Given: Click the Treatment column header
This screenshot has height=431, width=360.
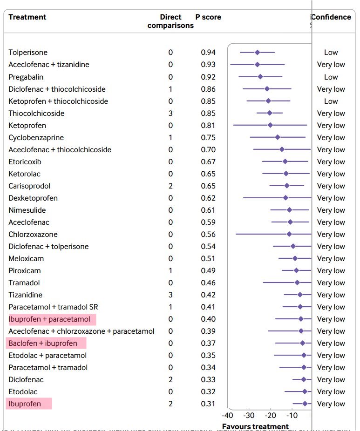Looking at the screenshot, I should [27, 17].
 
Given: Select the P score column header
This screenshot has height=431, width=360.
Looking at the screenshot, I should [208, 17].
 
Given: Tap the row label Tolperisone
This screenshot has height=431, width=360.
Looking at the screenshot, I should [28, 53].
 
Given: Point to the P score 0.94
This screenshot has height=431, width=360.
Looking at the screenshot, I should [208, 53].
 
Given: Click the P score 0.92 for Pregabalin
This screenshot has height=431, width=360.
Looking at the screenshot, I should [208, 77].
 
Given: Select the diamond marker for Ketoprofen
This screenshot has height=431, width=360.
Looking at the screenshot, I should [270, 125].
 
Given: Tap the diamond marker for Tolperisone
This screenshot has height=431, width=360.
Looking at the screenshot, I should [257, 53].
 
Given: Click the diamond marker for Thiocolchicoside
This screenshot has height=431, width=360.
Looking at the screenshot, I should [270, 113].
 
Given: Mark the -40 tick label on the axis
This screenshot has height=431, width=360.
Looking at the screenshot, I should [228, 415].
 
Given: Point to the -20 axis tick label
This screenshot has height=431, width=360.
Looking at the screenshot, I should [270, 415].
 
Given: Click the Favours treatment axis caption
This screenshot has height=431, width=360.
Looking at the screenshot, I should [255, 426].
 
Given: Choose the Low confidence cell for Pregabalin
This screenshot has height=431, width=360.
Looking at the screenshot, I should [331, 77].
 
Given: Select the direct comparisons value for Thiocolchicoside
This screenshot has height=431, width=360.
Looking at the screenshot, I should [170, 113].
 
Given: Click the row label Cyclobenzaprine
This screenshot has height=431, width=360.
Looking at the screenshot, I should [36, 137].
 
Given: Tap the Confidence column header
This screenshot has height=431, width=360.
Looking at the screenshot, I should [331, 17].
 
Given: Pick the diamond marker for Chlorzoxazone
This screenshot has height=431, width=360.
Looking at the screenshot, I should [289, 234].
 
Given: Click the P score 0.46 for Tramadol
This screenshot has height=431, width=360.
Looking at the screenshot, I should [208, 283].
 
